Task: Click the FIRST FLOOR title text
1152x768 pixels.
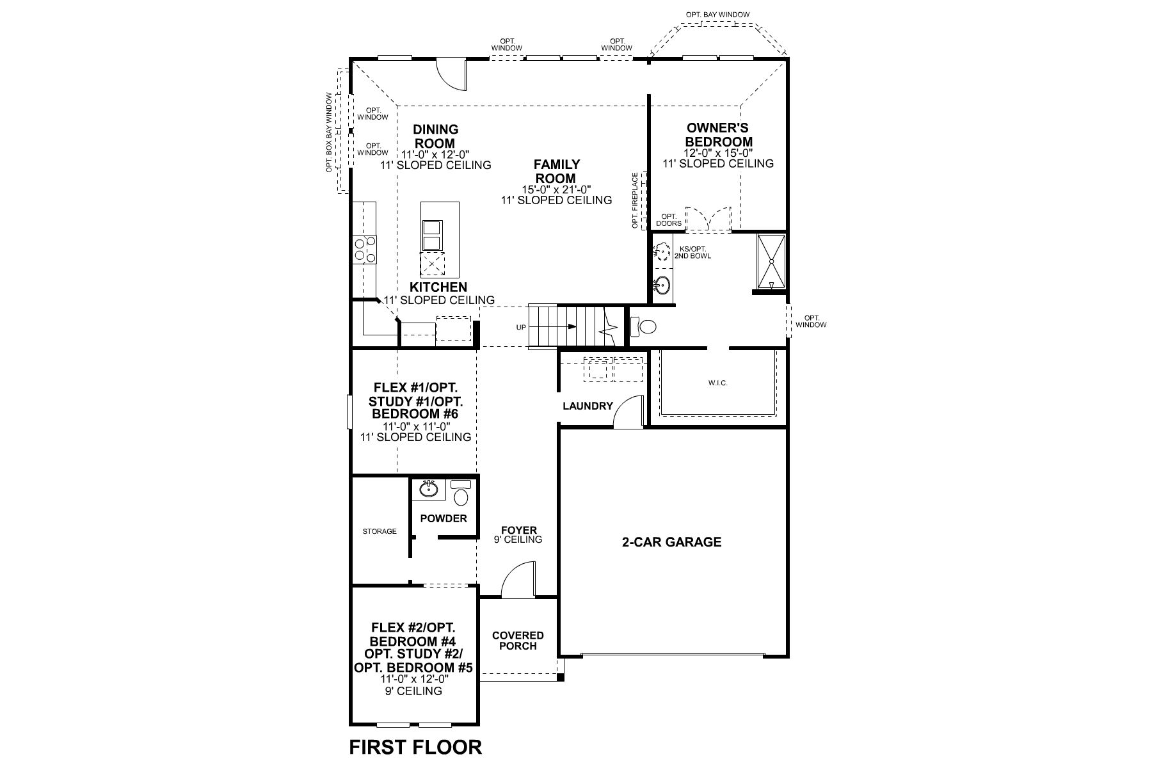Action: click(x=415, y=747)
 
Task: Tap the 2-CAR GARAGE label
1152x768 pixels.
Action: click(x=671, y=542)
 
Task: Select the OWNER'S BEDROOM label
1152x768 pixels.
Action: click(x=718, y=135)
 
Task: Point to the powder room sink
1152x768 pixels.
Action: click(x=429, y=490)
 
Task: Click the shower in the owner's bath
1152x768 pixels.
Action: click(x=771, y=262)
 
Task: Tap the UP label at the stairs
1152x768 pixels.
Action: click(x=521, y=328)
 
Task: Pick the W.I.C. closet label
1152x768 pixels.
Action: click(x=718, y=383)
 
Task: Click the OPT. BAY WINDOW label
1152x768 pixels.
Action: click(x=717, y=14)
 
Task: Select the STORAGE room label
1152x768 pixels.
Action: click(x=380, y=531)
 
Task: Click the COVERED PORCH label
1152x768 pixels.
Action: click(x=518, y=641)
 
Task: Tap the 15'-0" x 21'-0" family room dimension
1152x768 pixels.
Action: click(x=556, y=189)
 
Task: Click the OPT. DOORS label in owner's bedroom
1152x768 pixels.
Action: click(x=669, y=220)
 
